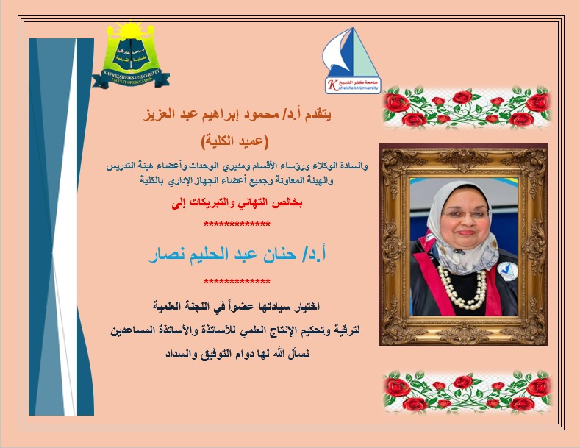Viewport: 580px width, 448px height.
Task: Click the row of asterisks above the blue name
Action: click(236, 224)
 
